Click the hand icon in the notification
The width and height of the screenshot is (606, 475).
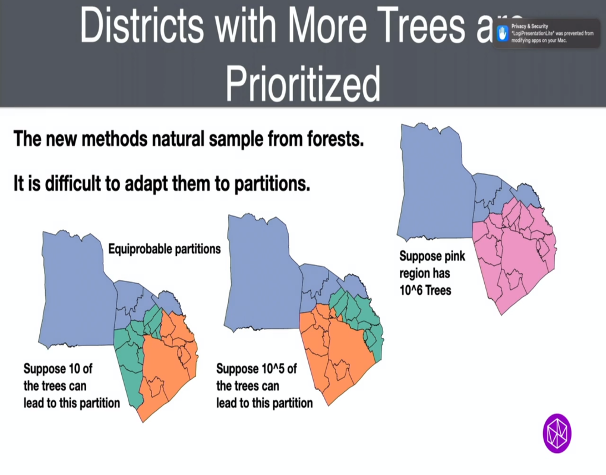503,33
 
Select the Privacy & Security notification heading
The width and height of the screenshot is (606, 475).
529,27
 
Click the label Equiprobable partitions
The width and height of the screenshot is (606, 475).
164,249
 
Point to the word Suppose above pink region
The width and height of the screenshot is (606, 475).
422,258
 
